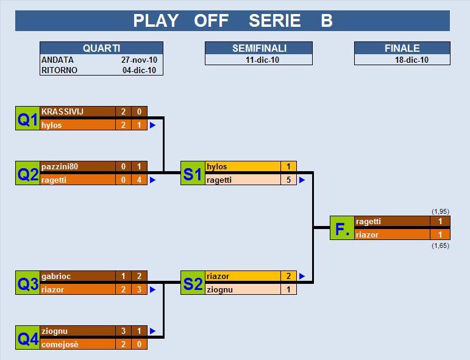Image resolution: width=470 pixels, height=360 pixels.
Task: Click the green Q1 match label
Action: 27,118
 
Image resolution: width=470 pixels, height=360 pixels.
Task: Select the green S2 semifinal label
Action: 193,283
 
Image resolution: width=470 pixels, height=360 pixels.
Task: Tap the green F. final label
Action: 342,228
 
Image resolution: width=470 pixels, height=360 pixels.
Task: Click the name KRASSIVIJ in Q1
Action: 62,111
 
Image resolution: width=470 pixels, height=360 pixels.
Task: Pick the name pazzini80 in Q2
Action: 60,166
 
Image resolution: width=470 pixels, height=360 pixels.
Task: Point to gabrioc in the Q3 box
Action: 56,276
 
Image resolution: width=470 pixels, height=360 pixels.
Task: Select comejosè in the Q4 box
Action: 60,344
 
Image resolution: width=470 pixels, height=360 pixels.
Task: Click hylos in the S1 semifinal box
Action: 217,166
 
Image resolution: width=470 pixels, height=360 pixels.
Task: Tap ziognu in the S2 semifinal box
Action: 219,289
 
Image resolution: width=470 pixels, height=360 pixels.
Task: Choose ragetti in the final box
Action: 368,221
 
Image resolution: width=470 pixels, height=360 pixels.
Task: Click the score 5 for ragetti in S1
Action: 289,180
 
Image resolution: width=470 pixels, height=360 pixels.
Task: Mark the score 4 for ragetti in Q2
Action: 139,180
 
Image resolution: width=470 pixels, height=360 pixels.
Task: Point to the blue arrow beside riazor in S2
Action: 302,276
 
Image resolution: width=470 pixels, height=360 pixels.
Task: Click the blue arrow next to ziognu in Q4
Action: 152,331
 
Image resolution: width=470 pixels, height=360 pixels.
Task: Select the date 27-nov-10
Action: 139,60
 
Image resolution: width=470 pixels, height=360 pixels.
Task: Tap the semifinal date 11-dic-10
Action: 262,60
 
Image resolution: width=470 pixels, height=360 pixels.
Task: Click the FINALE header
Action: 402,48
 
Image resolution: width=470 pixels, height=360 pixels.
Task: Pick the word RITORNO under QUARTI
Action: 59,70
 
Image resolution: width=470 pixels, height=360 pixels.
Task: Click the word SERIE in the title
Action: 274,21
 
